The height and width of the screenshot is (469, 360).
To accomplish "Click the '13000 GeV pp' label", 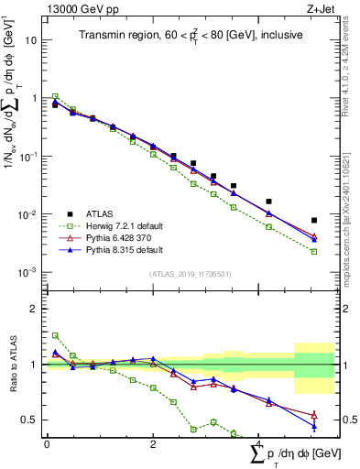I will pyautogui.click(x=76, y=9).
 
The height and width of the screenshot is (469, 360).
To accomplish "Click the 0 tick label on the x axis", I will pyautogui.click(x=47, y=443).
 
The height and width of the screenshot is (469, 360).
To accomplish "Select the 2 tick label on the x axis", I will pyautogui.click(x=153, y=443).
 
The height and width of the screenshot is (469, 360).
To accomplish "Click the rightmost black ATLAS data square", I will pyautogui.click(x=314, y=221).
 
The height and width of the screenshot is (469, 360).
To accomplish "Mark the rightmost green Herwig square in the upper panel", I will pyautogui.click(x=314, y=251).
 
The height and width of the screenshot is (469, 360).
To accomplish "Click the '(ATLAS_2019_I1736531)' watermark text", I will pyautogui.click(x=190, y=274).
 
